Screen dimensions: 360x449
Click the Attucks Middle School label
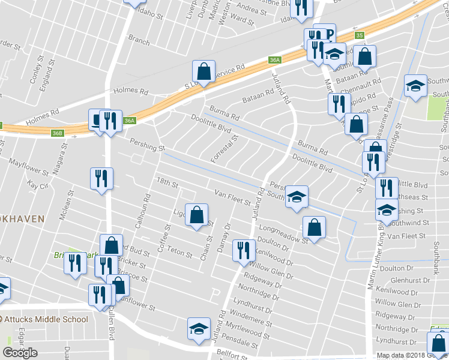coord(45,319)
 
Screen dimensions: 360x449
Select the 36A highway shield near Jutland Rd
coord(274,60)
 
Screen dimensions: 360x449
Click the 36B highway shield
coord(57,133)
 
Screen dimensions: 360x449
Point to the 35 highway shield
coord(359,36)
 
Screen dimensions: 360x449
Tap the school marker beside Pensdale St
coord(199,329)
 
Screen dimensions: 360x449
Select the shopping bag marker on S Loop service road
coord(204,71)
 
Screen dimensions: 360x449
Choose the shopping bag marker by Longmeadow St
coord(314,227)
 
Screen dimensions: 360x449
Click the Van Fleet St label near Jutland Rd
coord(232,196)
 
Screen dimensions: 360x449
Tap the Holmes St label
coord(130,91)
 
